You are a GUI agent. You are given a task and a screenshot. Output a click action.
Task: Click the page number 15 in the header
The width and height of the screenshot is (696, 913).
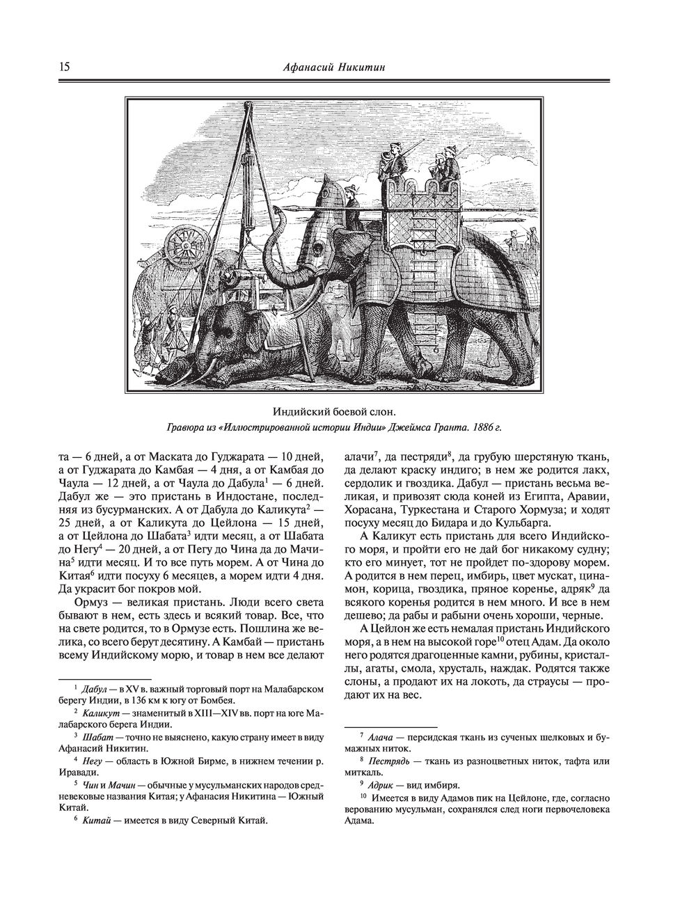point(63,68)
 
